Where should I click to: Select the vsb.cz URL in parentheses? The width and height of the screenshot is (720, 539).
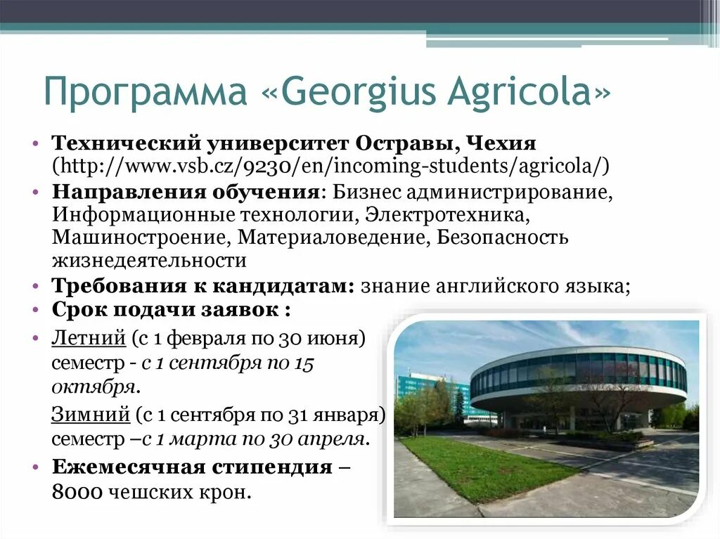click(330, 167)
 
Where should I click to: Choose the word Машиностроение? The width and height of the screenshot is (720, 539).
click(141, 237)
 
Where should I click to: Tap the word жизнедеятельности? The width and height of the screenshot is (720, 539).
click(148, 261)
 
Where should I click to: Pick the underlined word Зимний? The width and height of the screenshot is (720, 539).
click(91, 415)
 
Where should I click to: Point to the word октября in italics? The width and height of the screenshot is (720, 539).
click(92, 387)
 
